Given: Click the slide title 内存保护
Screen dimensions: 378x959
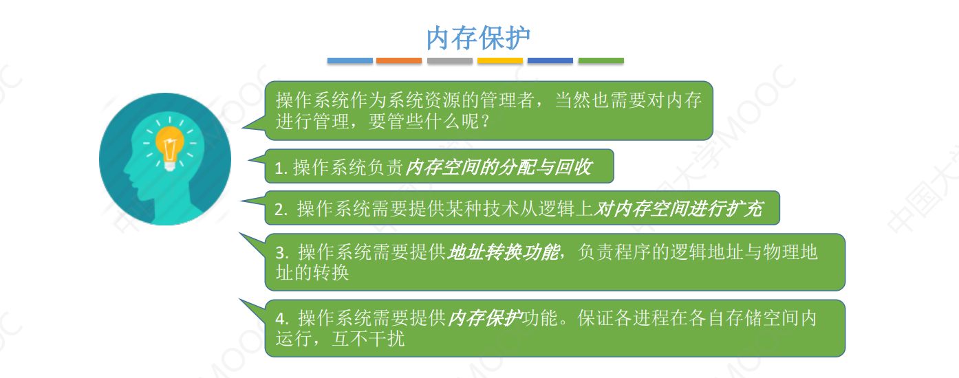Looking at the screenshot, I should coord(478,38).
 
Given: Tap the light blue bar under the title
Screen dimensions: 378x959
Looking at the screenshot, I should coord(349,61).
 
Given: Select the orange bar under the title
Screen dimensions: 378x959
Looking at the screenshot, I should coord(399,61).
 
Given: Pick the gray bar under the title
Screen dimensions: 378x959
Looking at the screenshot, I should coord(450,61).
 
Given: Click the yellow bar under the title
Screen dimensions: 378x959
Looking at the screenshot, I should coord(500,61).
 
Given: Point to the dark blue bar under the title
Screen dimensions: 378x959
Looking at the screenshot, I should coord(550,61).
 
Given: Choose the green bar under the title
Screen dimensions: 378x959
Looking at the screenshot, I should coord(601,61).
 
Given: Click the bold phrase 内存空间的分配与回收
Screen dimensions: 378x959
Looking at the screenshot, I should coord(497,168).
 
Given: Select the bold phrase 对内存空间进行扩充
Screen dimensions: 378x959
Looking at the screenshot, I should coord(678,209).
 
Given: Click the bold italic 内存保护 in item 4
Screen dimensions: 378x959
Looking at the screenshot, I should coord(485,318).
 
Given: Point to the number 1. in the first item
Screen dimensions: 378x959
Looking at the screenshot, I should coord(280,168).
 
